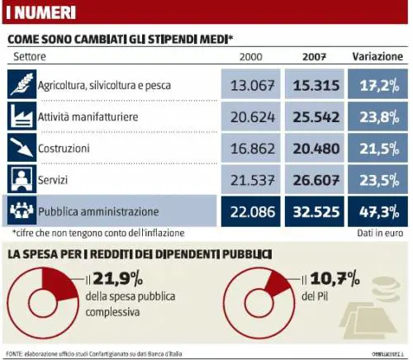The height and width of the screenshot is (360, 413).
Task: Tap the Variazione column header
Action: [377, 56]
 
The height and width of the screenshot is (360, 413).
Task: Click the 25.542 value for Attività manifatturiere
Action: [314, 117]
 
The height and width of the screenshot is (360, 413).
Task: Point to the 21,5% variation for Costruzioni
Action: [377, 149]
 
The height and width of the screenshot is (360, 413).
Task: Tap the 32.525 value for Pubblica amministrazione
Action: [314, 211]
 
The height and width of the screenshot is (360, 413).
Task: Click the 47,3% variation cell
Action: [377, 211]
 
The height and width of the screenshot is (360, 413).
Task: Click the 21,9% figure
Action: [116, 280]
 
